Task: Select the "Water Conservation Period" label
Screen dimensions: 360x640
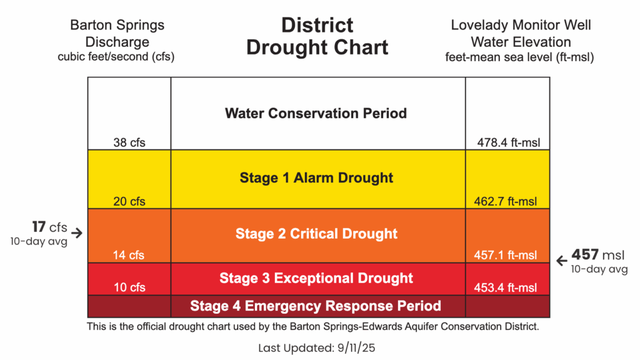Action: click(x=316, y=113)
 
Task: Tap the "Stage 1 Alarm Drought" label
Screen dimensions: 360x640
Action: click(x=316, y=178)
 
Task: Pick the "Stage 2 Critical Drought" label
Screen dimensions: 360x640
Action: click(x=316, y=234)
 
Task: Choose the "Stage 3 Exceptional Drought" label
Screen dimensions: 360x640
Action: click(x=316, y=276)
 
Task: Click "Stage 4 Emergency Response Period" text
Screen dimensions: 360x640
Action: click(x=316, y=305)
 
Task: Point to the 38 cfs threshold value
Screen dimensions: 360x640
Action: click(x=127, y=143)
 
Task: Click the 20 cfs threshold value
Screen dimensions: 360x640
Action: click(x=127, y=200)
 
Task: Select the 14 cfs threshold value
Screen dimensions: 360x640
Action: click(x=127, y=255)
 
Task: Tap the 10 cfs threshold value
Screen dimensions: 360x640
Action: click(x=127, y=287)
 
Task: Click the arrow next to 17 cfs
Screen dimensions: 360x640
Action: click(x=78, y=232)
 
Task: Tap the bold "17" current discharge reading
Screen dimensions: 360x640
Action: click(x=39, y=226)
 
